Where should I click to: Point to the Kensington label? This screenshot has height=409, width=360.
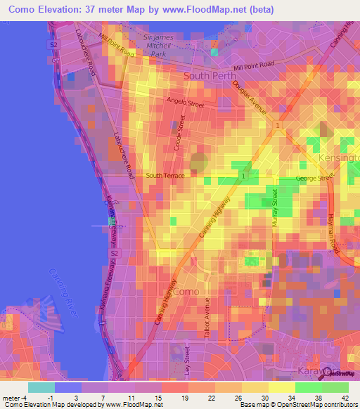[x=340, y=158]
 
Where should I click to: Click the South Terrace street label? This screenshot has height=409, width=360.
[x=165, y=175]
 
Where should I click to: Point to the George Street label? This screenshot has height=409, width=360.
[x=313, y=178]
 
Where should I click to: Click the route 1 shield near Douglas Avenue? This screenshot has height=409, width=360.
[x=278, y=125]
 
